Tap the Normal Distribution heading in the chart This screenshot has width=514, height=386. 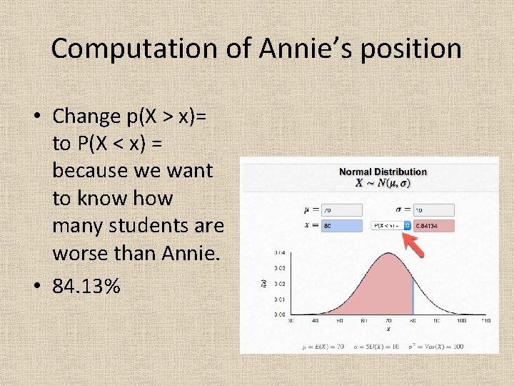pos(383,172)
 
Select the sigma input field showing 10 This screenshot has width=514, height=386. pos(433,209)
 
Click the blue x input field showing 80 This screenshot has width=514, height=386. pos(342,225)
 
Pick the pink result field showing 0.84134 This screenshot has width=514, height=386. pos(434,225)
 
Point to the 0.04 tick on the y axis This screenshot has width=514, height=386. pos(278,253)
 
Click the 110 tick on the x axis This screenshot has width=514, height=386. pos(485,322)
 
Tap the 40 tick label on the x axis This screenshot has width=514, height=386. pos(315,322)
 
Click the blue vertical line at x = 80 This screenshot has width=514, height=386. pos(412,297)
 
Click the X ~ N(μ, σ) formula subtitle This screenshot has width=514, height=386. pos(383,183)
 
